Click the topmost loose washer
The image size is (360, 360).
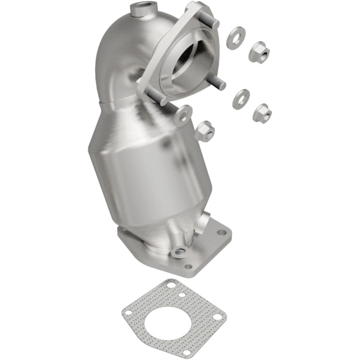point(235,37)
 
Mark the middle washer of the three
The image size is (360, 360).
point(240,98)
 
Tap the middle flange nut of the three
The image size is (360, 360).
point(262,112)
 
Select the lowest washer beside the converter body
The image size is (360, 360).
point(183,115)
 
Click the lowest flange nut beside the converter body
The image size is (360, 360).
point(204,131)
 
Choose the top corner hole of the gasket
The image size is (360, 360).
point(171,285)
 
